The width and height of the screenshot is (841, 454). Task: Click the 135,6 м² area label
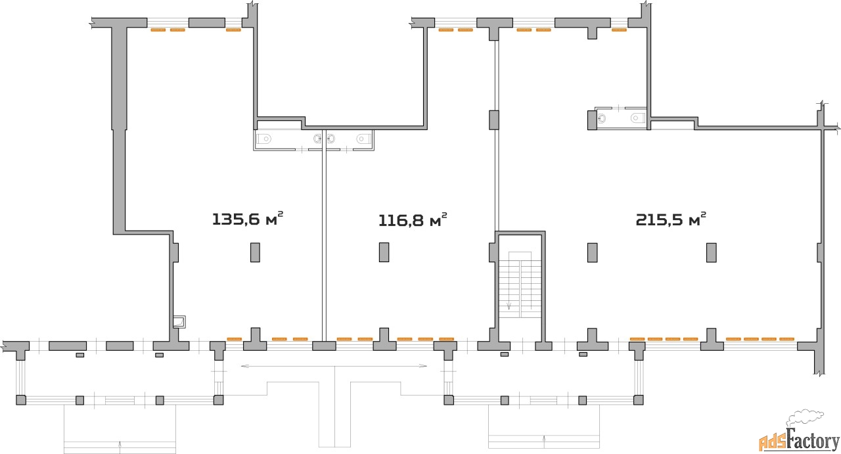[x=248, y=219]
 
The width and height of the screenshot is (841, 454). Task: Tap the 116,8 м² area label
[x=413, y=220]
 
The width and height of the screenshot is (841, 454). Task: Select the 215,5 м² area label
[x=671, y=219]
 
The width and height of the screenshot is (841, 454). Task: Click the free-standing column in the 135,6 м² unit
[x=255, y=252]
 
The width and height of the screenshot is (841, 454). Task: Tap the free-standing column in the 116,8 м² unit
[x=384, y=252]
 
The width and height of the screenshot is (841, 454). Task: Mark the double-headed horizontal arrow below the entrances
[x=334, y=366]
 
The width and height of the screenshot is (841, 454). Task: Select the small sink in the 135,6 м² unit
[x=179, y=322]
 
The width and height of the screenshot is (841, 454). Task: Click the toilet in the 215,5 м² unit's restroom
[x=637, y=118]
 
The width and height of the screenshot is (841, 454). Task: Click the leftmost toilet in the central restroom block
[x=264, y=139]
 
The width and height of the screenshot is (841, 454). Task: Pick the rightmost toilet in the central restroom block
[x=363, y=139]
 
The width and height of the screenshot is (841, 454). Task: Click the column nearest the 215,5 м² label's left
[x=593, y=252]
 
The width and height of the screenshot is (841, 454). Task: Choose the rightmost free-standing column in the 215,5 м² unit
[x=711, y=252]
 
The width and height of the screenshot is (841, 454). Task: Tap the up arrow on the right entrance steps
[x=544, y=441]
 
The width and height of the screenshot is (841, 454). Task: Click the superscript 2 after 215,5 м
[x=704, y=214]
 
